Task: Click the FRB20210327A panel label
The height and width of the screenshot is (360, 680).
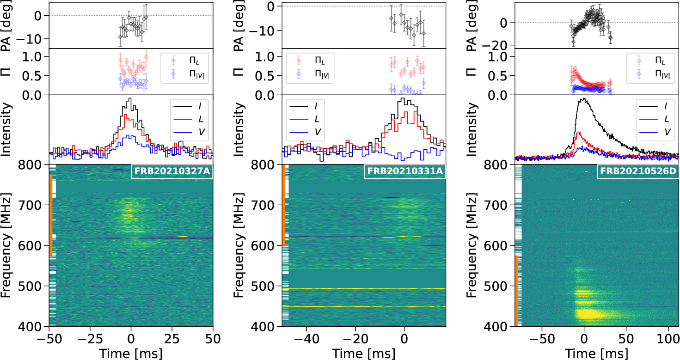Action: tap(172, 171)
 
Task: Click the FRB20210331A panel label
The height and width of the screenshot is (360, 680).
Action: tap(405, 171)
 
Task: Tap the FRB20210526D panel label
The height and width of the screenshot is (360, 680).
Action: tap(638, 171)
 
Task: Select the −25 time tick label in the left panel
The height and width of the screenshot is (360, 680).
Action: tap(90, 339)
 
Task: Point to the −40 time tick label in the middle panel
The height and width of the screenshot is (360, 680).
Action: tap(306, 339)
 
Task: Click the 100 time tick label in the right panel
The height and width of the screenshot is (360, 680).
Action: tap(668, 339)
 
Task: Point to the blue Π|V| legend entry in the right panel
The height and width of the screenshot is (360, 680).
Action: tap(654, 74)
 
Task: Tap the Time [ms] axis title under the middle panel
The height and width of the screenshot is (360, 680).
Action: tap(364, 354)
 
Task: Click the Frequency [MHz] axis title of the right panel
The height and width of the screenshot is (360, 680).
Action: tap(471, 245)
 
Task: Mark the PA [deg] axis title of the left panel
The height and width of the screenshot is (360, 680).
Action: tap(6, 26)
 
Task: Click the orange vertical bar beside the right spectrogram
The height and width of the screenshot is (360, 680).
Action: tap(516, 291)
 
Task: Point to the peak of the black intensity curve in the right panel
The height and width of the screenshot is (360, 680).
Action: tap(583, 98)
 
